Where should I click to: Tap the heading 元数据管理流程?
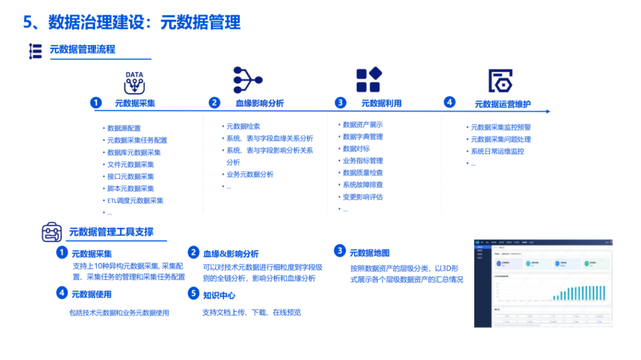[82, 49]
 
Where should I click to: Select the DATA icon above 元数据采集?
[134, 82]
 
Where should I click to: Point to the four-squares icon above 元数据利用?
[369, 80]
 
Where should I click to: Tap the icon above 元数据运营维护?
[500, 81]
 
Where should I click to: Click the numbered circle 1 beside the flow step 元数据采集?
[96, 103]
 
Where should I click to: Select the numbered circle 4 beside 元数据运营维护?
[449, 102]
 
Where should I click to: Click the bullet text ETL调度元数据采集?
[135, 200]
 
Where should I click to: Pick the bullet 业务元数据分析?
[249, 174]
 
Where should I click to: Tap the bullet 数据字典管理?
[363, 136]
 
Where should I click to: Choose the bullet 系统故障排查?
[363, 184]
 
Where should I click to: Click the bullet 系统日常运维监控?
[497, 151]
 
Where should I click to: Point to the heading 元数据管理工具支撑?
[112, 232]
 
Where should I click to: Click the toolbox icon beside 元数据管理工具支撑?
[52, 232]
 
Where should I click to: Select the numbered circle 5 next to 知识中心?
[193, 293]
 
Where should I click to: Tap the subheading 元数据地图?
[370, 253]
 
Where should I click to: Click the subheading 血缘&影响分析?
[231, 254]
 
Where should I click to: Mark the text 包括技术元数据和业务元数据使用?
[119, 313]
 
